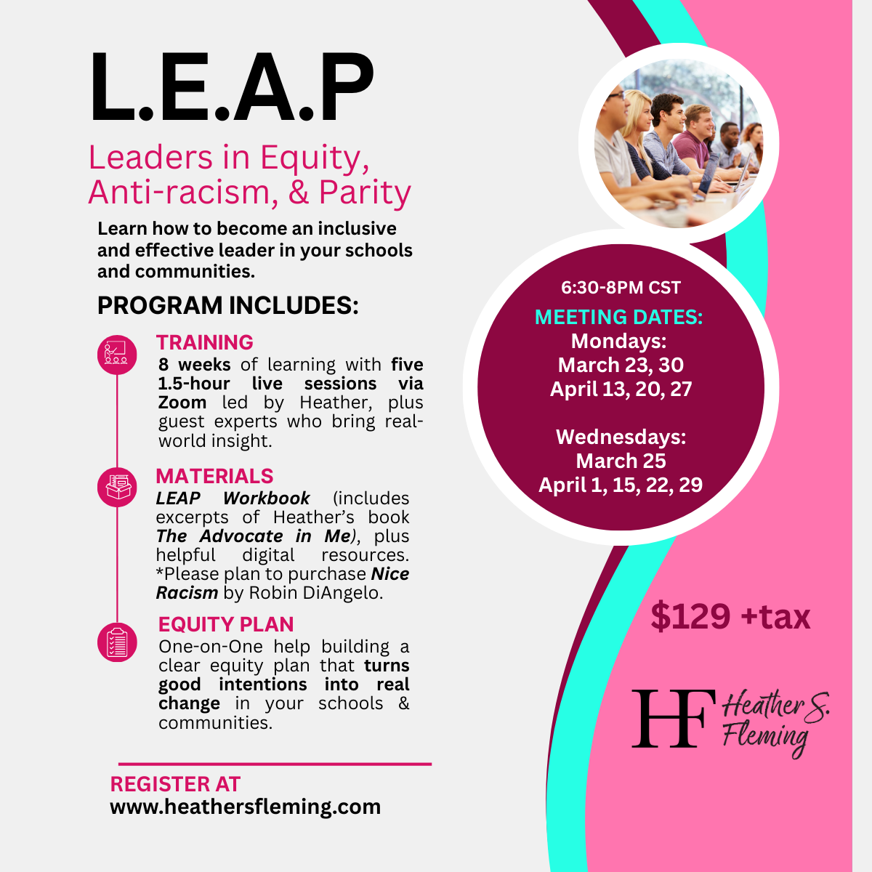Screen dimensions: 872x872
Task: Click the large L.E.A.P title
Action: tap(231, 89)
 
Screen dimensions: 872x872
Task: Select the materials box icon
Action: tap(116, 487)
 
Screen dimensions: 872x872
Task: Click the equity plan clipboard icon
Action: tap(116, 642)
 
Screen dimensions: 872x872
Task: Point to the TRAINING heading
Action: tap(205, 342)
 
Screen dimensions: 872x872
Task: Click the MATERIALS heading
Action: tap(214, 476)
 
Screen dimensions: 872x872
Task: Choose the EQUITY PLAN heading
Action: tap(226, 624)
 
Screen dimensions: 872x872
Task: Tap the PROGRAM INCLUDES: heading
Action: tap(227, 306)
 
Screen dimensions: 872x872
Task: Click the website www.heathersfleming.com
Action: tap(245, 807)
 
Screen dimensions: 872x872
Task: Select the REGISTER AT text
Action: tap(175, 784)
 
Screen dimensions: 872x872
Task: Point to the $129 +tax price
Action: tap(730, 617)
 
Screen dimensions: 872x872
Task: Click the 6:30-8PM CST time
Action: tap(621, 288)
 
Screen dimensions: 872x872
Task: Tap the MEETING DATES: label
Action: tap(619, 317)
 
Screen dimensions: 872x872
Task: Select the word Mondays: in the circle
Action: tap(618, 341)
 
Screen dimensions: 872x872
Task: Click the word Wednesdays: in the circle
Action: tap(621, 437)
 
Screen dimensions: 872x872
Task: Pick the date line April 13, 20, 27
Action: tap(621, 389)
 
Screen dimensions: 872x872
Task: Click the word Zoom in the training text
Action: tap(182, 403)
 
